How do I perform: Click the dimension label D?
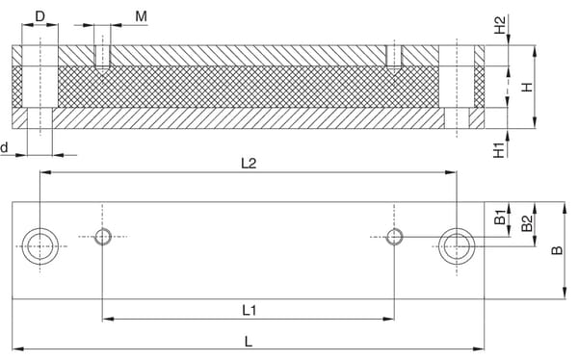(39, 16)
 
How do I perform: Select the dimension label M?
(142, 16)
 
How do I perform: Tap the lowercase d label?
(4, 147)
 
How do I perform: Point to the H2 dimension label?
(499, 25)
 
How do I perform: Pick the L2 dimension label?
(249, 163)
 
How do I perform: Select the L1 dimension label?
(250, 310)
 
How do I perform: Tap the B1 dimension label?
(499, 217)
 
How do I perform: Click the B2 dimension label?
(527, 223)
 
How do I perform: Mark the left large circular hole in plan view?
(40, 246)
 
